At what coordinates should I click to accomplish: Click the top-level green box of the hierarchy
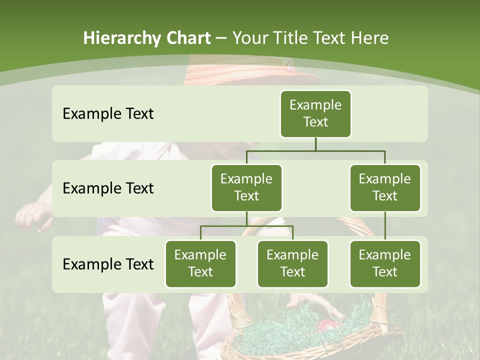(x=315, y=114)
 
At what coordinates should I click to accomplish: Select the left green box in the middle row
(x=246, y=188)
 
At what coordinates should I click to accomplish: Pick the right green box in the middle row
(x=385, y=188)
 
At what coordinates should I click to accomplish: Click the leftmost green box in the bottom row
(x=200, y=264)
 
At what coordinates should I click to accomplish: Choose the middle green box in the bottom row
(x=292, y=264)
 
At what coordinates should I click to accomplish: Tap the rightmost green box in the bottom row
(x=385, y=264)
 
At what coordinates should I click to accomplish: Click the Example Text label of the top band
(x=108, y=114)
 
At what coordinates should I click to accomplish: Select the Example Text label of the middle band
(x=108, y=188)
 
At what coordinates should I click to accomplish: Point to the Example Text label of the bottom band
(x=108, y=264)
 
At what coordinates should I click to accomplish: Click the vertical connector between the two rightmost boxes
(x=385, y=226)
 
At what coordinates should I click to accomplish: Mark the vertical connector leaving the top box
(x=315, y=143)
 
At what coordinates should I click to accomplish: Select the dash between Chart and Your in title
(x=220, y=38)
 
